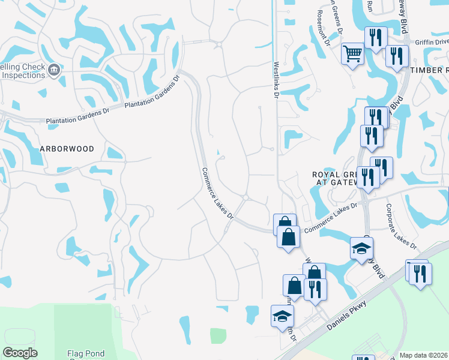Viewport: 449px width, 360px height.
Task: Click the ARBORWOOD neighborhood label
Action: (67, 148)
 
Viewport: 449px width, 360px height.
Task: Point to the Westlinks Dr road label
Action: (276, 76)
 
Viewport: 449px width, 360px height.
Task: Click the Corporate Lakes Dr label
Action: (401, 227)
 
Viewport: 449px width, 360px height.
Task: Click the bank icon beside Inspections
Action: (54, 70)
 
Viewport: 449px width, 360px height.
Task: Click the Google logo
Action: (20, 353)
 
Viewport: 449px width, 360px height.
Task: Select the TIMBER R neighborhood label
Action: (429, 70)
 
